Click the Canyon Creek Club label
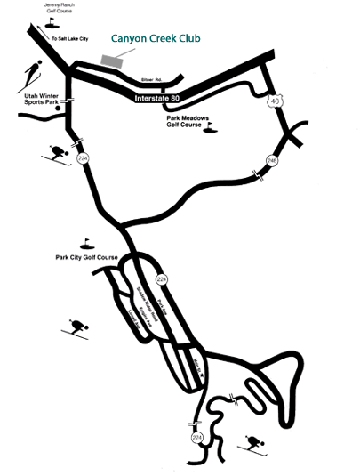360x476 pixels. (x=156, y=40)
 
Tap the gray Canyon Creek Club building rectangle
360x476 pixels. (x=113, y=61)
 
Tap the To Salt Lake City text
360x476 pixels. (x=70, y=39)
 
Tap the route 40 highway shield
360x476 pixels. (x=275, y=104)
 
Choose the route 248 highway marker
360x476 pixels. (x=273, y=160)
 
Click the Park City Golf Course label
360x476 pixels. (x=84, y=257)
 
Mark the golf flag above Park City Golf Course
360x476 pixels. (x=86, y=242)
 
